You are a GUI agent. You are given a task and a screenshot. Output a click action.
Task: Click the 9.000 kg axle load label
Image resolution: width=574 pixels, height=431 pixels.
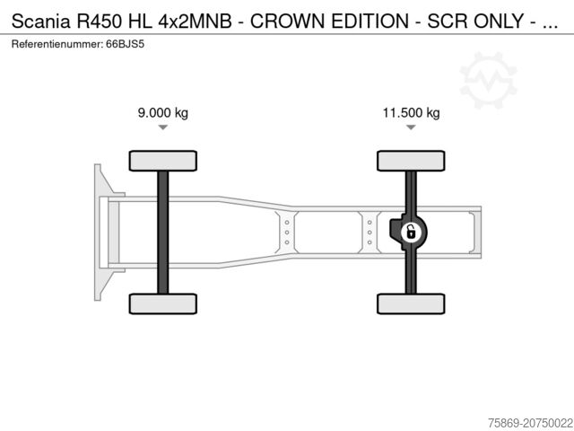pyautogui.click(x=162, y=113)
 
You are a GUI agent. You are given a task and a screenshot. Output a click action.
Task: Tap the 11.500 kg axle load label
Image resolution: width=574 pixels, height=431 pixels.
pyautogui.click(x=411, y=113)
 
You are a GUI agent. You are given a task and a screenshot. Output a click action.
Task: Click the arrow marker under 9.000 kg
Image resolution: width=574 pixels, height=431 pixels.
pyautogui.click(x=162, y=128)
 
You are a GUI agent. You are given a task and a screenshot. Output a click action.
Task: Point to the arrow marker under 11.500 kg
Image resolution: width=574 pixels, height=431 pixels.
pyautogui.click(x=411, y=128)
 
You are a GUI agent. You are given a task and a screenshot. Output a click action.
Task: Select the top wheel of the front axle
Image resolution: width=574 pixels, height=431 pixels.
pyautogui.click(x=162, y=161)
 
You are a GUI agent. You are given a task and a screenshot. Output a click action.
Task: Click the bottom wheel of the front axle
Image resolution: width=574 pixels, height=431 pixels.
pyautogui.click(x=162, y=303)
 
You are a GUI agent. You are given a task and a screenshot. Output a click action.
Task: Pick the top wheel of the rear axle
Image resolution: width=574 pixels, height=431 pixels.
pyautogui.click(x=411, y=161)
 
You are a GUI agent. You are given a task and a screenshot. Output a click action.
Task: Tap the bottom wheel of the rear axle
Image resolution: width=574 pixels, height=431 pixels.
pyautogui.click(x=411, y=303)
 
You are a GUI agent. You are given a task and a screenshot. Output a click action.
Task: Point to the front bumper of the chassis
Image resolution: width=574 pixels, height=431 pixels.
pyautogui.click(x=100, y=232)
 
